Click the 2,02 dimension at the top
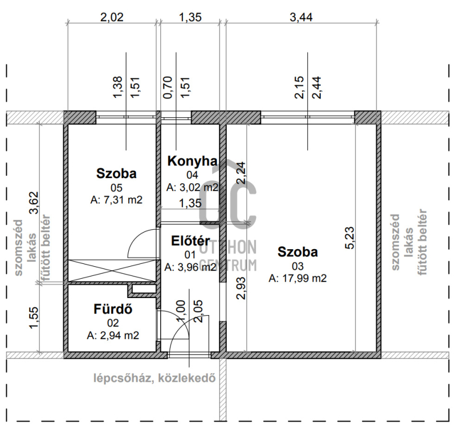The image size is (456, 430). [x=112, y=17]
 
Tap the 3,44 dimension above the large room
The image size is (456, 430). [x=301, y=17]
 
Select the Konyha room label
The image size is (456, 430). [x=192, y=162]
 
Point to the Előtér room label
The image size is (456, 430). [x=190, y=241]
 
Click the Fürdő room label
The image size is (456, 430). [x=113, y=309]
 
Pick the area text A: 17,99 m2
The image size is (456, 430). [x=298, y=279]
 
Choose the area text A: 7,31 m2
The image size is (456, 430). [x=116, y=200]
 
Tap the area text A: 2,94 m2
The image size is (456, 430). [x=113, y=336]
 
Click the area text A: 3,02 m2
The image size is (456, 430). [x=192, y=188]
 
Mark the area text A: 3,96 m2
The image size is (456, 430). [x=190, y=267]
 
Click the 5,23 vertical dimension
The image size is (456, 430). [x=350, y=238]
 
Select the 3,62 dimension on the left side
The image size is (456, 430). [x=34, y=203]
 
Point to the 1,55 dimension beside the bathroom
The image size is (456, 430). [x=34, y=318]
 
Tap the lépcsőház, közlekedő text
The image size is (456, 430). [x=154, y=378]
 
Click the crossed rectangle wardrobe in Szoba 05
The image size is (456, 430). [x=112, y=270]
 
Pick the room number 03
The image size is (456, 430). [x=298, y=266]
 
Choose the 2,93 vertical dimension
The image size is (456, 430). [x=241, y=288]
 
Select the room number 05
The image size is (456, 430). [x=116, y=188]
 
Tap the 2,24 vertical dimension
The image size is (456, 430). [x=241, y=173]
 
